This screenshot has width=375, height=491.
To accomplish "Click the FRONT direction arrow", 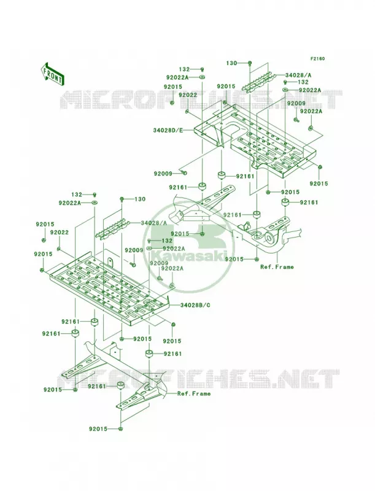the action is (x=52, y=74).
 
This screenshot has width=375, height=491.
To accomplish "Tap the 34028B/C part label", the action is (x=195, y=304).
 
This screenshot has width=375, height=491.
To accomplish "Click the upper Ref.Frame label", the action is (x=277, y=267).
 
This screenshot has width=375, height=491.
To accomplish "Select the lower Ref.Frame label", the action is (x=194, y=393).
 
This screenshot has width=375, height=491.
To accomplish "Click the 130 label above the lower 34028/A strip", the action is (x=140, y=199).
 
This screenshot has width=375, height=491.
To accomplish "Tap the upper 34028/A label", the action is (x=298, y=75).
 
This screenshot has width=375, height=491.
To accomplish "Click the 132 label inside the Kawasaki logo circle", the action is (x=166, y=241).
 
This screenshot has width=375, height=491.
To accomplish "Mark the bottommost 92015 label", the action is (x=98, y=428).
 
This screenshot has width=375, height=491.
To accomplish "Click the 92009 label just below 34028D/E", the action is (x=163, y=173).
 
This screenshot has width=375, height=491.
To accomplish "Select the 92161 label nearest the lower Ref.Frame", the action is (x=98, y=387).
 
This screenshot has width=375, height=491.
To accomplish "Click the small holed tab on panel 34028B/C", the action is (x=110, y=261).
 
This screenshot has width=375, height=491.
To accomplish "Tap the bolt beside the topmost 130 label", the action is (x=250, y=64).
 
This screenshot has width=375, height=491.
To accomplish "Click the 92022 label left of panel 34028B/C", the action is (x=59, y=233).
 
